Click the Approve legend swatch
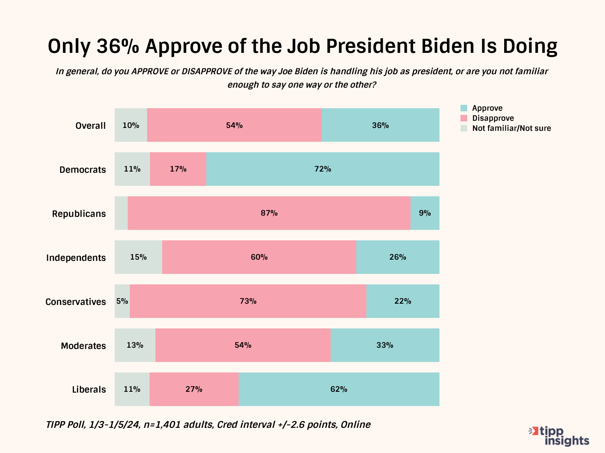[464, 108]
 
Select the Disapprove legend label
[493, 118]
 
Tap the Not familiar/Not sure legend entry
[511, 128]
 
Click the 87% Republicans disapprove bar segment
[269, 213]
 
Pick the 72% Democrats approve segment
[323, 169]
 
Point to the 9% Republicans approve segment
[425, 213]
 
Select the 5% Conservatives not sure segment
[122, 301]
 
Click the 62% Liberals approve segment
[339, 389]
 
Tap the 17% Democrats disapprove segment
[178, 169]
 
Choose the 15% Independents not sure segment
[138, 257]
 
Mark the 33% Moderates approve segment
[385, 345]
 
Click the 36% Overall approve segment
[380, 125]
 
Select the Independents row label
[76, 258]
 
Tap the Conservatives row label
[76, 302]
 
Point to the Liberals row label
[89, 389]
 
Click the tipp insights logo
[560, 436]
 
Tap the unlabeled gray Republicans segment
[121, 213]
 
